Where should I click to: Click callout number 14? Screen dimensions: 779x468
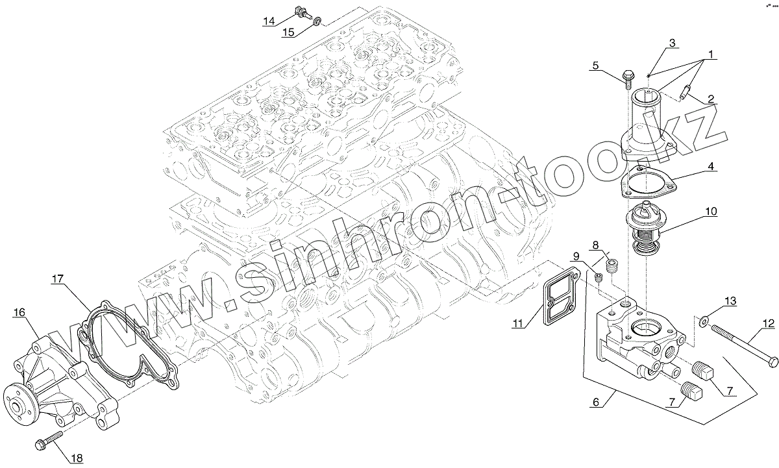click(269, 21)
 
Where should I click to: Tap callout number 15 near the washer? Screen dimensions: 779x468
click(288, 32)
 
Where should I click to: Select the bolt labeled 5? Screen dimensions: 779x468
click(628, 79)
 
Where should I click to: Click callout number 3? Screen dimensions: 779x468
click(672, 43)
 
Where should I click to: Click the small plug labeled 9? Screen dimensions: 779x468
click(598, 277)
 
